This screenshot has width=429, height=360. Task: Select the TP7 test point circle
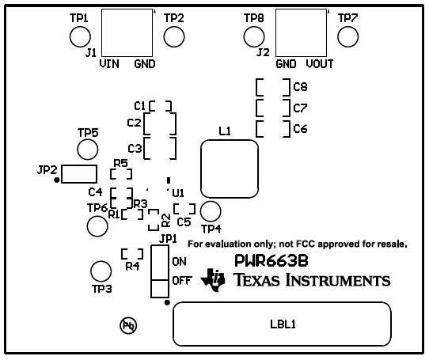[x=347, y=36]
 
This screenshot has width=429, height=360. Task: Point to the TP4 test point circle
[x=211, y=211]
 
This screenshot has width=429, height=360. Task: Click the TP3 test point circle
[x=101, y=271]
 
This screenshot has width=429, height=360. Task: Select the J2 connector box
[x=300, y=35]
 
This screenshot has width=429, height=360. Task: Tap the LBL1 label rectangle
[x=283, y=324]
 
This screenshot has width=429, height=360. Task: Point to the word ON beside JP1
[x=179, y=261]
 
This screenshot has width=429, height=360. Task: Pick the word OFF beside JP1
[x=181, y=280]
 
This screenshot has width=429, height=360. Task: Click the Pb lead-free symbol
[x=127, y=325]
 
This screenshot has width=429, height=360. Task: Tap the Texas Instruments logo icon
[x=214, y=279]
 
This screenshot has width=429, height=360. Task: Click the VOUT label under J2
[x=319, y=63]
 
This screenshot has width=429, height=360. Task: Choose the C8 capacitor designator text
[x=300, y=86]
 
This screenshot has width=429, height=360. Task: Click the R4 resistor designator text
[x=131, y=267]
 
